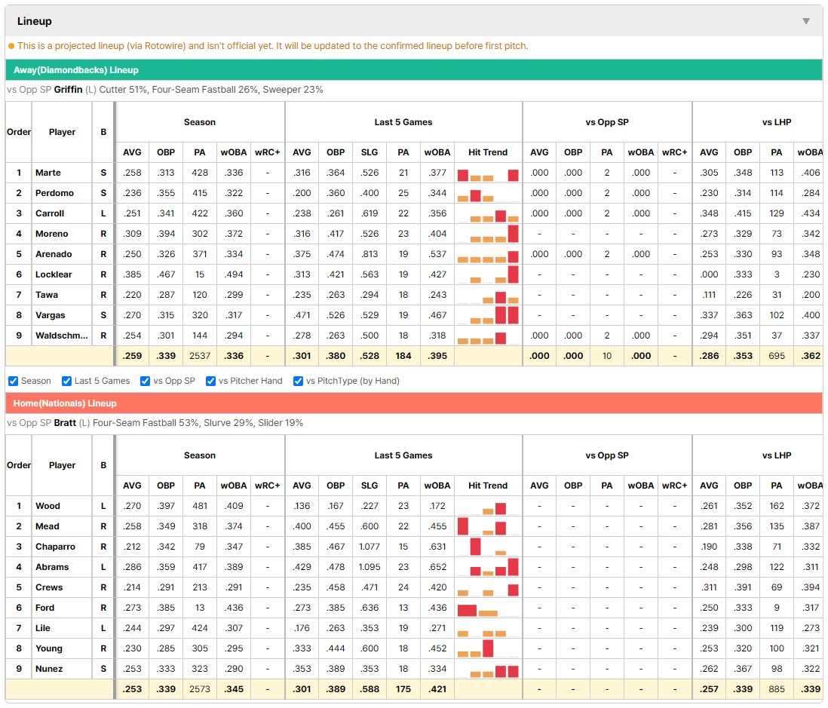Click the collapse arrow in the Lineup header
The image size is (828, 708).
(806, 21)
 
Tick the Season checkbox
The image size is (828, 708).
(14, 382)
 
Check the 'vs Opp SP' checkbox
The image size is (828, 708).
(146, 382)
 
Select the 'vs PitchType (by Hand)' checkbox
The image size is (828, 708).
(299, 382)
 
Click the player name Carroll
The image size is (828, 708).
(50, 213)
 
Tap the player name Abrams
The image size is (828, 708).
(52, 567)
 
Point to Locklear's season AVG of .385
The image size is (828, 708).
(132, 274)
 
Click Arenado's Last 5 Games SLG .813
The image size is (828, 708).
(370, 254)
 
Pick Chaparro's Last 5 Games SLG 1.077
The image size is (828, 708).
(370, 547)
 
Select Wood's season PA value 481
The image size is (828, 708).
(200, 506)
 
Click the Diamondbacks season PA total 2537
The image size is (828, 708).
(200, 356)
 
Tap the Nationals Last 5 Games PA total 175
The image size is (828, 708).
(403, 689)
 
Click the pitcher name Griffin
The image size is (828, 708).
(68, 90)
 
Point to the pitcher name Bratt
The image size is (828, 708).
(65, 423)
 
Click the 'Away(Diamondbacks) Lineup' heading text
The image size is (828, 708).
(76, 70)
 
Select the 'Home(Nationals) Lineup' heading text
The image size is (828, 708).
(65, 403)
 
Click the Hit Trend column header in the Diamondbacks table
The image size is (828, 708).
(488, 152)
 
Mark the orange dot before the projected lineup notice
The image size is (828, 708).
(11, 46)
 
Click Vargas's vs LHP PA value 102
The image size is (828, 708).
(776, 315)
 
